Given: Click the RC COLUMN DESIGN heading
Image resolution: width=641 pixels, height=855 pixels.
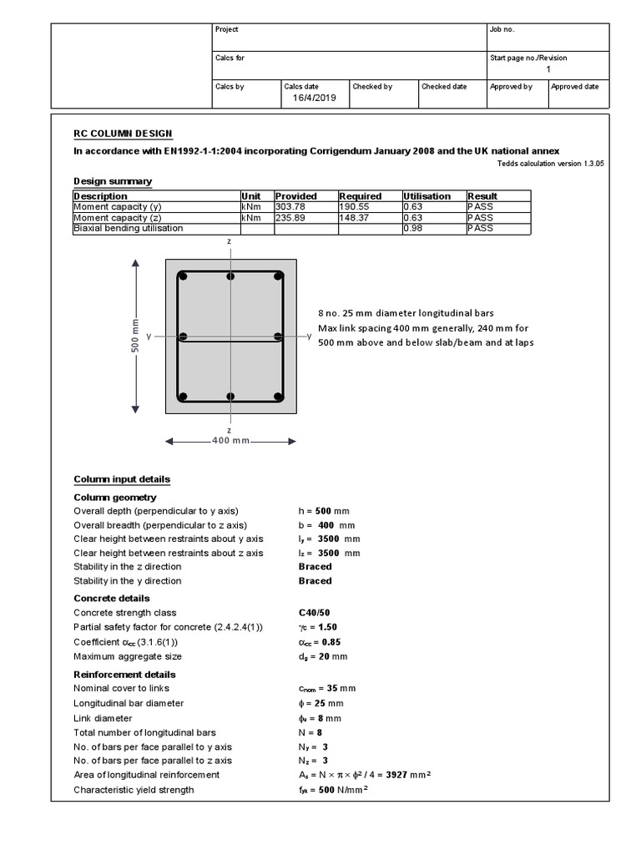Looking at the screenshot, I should coord(124,134).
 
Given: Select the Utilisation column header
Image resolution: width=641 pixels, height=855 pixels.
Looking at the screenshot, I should coord(427,196).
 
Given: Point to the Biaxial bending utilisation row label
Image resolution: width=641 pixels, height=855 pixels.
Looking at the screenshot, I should coord(128,228).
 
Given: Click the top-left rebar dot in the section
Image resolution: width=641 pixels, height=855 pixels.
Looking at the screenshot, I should coord(183,276).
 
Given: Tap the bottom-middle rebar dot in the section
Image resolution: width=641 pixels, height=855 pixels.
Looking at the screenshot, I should coord(231,397).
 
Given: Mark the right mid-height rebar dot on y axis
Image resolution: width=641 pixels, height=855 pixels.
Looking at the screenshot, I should coord(278,336).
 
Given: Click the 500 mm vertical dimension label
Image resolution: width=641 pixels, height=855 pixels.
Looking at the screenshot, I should coord(135,336).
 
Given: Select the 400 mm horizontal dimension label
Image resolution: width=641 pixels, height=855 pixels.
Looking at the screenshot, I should coord(230,441).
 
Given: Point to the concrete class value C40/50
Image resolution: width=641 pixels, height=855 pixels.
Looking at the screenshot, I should coord(315,613).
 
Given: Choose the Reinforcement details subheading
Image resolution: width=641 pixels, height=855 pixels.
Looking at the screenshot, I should coord(124,675).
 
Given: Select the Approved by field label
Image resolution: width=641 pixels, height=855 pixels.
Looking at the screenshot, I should coord(511,87).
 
